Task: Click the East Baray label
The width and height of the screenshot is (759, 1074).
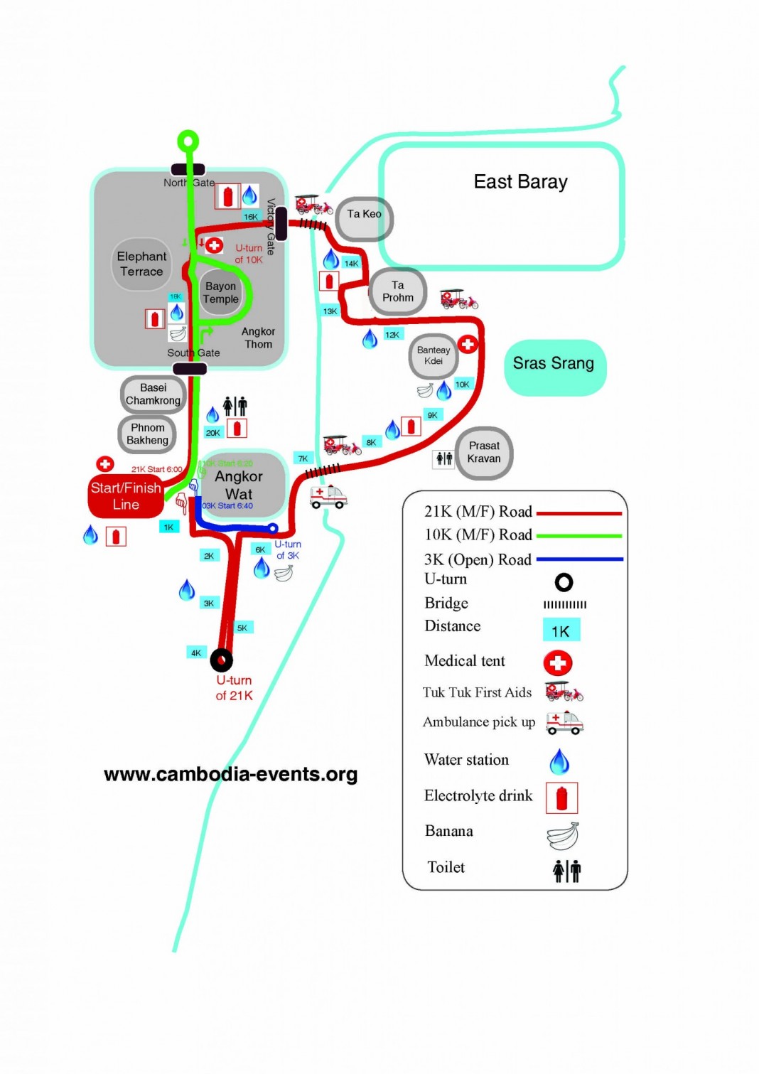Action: (520, 182)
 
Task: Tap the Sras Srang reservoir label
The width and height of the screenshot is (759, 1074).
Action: (554, 364)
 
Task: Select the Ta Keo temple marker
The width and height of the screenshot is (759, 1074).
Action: (364, 215)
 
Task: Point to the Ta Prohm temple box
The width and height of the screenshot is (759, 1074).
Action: (398, 291)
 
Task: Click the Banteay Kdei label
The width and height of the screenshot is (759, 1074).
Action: (434, 355)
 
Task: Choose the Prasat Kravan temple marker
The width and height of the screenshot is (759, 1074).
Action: (484, 453)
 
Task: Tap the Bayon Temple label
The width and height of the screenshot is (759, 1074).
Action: (220, 292)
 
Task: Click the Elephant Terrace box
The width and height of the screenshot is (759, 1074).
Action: (141, 264)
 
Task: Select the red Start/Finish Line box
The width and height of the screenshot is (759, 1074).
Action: (126, 496)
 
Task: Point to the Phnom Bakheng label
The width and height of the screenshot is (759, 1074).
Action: (148, 434)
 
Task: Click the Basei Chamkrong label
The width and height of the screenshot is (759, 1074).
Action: (153, 394)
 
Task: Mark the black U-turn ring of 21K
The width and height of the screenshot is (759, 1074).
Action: (221, 660)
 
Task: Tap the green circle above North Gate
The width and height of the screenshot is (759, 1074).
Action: (188, 141)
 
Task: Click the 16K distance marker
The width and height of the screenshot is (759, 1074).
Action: (251, 216)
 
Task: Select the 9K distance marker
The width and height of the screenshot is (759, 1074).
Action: (432, 415)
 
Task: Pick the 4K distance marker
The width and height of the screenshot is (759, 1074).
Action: (196, 653)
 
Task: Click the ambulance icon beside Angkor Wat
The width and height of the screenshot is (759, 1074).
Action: (328, 495)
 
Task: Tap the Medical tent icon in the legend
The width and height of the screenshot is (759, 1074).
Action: (558, 662)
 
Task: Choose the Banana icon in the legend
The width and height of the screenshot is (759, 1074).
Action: (562, 836)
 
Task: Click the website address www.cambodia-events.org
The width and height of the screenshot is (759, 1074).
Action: (231, 774)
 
